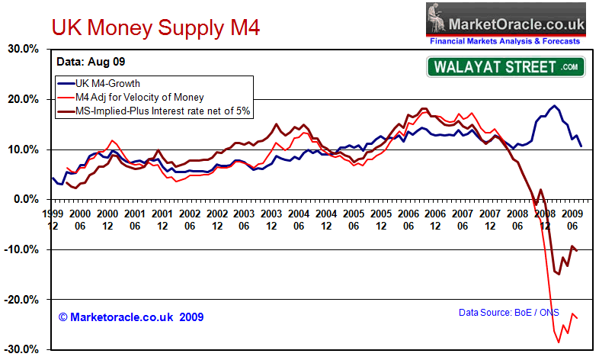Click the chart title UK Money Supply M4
tap(155, 28)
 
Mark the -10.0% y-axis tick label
tap(22, 250)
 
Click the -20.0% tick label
tap(22, 300)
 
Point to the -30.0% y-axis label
tap(22, 350)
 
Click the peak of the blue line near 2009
tap(554, 106)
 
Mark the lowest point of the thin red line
tap(559, 342)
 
